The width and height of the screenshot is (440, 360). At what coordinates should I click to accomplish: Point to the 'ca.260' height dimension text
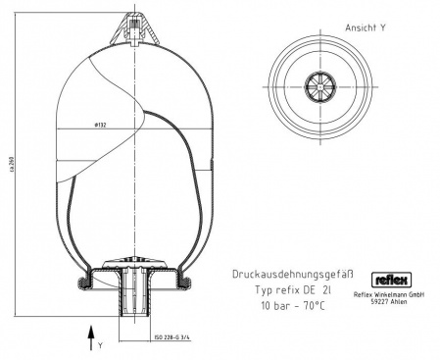point(11,166)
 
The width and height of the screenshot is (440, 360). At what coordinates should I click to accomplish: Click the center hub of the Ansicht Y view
point(322,83)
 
